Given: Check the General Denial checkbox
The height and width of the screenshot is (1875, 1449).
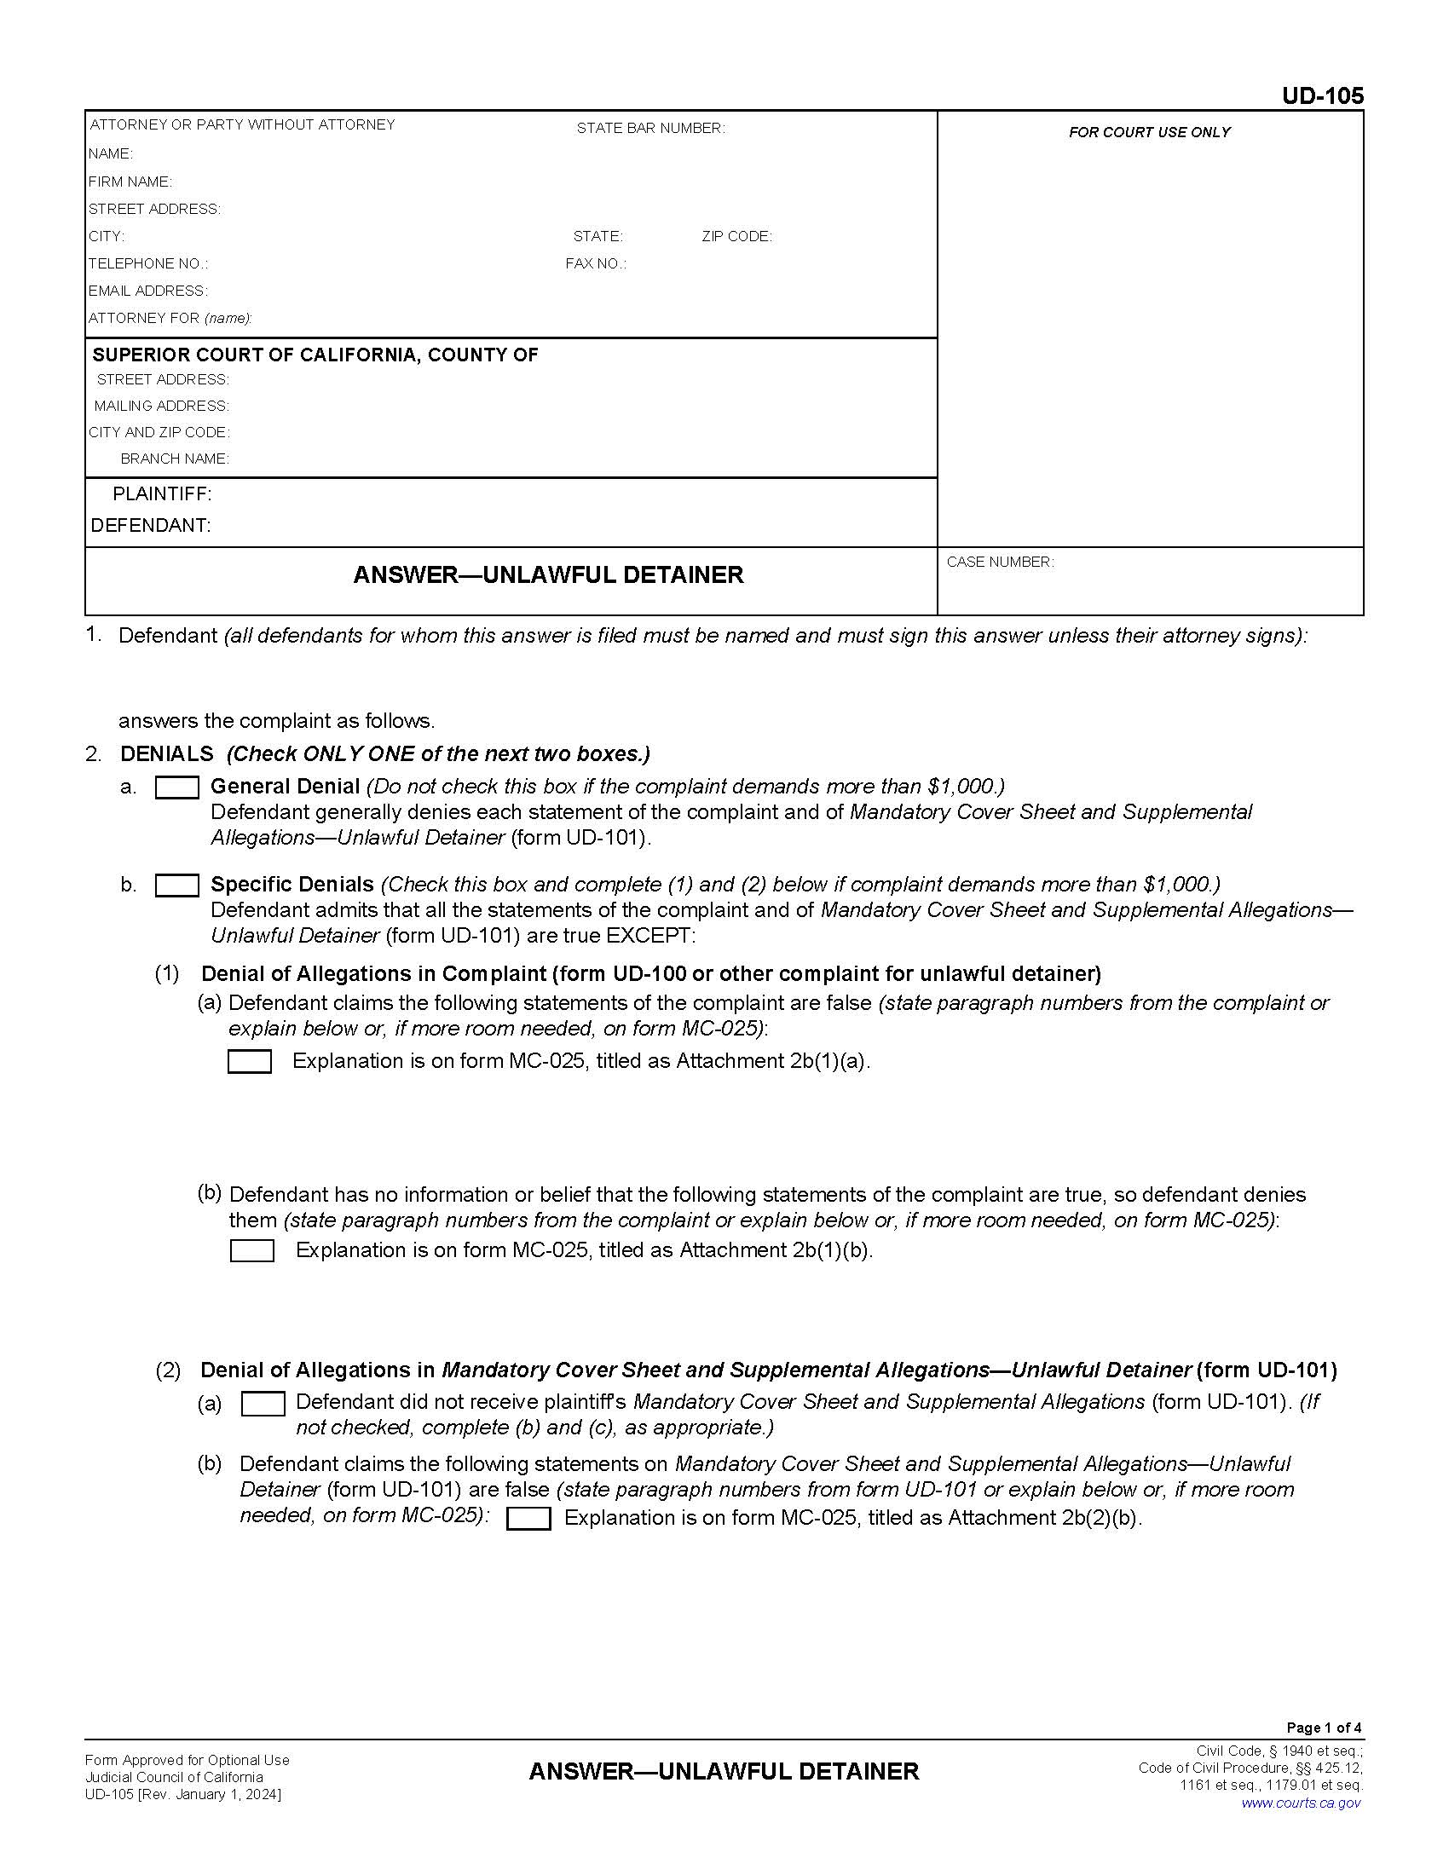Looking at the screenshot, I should click(x=176, y=787).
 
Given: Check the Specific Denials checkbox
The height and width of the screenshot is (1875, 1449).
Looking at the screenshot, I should click(x=176, y=886).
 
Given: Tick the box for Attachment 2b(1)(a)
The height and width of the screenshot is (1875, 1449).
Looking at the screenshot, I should click(x=250, y=1061).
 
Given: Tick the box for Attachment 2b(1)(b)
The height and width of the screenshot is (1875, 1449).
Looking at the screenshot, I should click(x=252, y=1250).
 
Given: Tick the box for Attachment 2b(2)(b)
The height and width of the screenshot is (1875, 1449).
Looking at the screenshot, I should click(x=528, y=1518).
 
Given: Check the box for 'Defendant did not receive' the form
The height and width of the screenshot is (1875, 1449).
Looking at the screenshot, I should click(x=263, y=1403).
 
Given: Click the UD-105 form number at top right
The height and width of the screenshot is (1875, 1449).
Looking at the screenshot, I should click(x=1322, y=96).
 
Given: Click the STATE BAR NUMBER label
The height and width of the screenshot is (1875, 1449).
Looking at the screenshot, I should click(x=649, y=129).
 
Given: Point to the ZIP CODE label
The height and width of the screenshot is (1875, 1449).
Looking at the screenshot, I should click(x=736, y=236).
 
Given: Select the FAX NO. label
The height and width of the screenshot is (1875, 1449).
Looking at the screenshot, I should click(x=596, y=263).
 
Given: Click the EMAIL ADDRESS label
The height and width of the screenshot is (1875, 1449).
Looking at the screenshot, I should click(x=147, y=291).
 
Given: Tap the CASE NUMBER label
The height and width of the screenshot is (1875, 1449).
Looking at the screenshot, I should click(x=1000, y=562).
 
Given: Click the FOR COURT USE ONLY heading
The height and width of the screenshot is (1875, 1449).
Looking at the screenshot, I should click(x=1149, y=132).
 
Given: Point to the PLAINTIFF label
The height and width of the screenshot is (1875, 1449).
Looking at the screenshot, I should click(x=161, y=493).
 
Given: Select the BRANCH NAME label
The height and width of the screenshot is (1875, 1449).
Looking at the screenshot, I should click(x=174, y=459).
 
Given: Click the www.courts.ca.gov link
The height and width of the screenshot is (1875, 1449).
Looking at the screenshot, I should click(x=1301, y=1802).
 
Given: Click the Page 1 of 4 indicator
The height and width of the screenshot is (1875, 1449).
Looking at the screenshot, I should click(x=1324, y=1728).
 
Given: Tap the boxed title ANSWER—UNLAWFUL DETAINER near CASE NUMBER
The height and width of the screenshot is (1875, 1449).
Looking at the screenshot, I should click(x=548, y=574).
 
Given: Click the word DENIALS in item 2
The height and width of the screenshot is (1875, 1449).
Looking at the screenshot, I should click(x=166, y=753).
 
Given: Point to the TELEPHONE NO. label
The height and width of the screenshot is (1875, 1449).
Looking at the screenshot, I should click(x=147, y=263).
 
